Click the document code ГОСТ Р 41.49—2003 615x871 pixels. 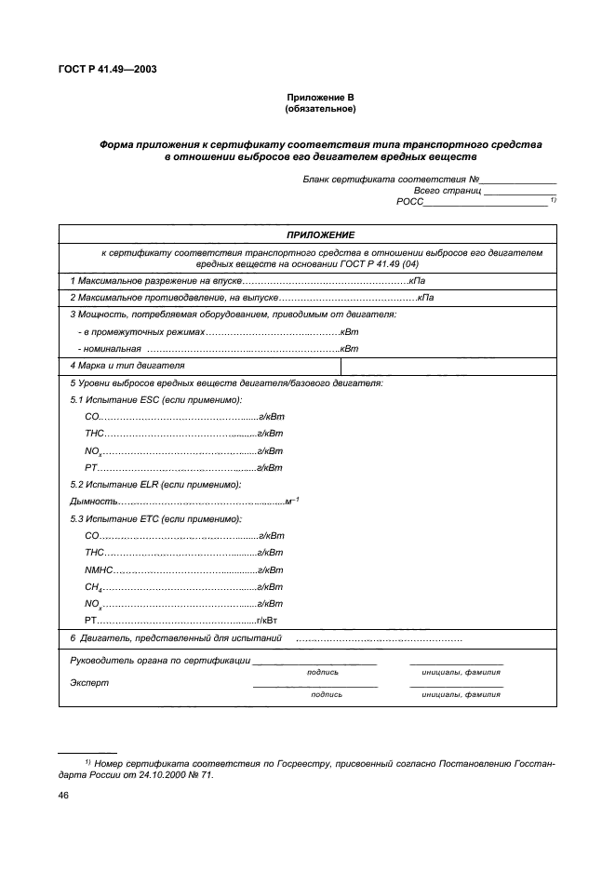tap(103, 68)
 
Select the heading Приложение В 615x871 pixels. tap(320, 98)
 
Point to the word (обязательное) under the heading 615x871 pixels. tap(320, 109)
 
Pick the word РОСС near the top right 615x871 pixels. tap(409, 201)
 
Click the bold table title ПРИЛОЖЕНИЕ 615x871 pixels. tap(320, 234)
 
